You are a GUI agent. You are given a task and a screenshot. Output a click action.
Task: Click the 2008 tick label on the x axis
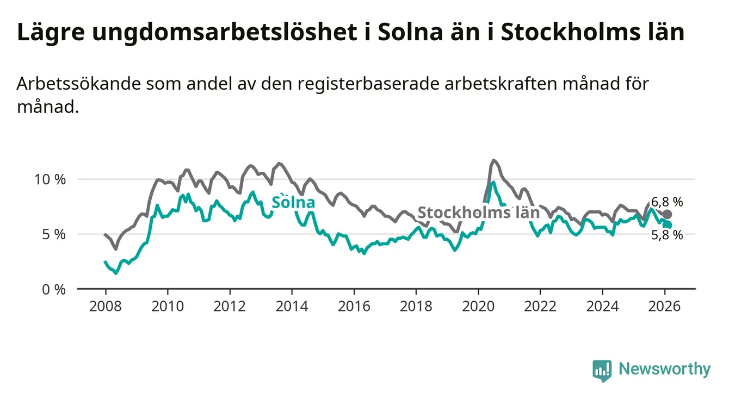point(104,306)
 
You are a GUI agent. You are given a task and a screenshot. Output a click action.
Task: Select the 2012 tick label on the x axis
point(229,306)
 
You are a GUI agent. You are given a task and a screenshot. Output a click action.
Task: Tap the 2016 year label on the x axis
point(354,306)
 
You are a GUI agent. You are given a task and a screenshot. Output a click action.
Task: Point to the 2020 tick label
point(478,306)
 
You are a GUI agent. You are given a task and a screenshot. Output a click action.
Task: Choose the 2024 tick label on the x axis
point(602,306)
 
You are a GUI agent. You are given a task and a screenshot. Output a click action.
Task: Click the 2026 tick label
point(664,306)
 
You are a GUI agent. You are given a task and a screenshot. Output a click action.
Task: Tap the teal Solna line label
point(293,203)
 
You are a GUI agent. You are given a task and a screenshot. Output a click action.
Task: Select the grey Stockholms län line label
point(478,213)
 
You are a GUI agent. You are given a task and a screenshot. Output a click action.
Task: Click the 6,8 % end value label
point(666,202)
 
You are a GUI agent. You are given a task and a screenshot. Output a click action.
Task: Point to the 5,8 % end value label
point(666,235)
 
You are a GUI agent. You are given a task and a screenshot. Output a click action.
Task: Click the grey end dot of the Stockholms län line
point(668,214)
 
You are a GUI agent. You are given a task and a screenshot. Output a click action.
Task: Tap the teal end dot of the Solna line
point(668,225)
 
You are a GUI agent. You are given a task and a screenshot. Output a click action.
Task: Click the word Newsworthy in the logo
point(664,370)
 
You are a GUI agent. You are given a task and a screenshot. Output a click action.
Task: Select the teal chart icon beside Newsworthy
point(602,370)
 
